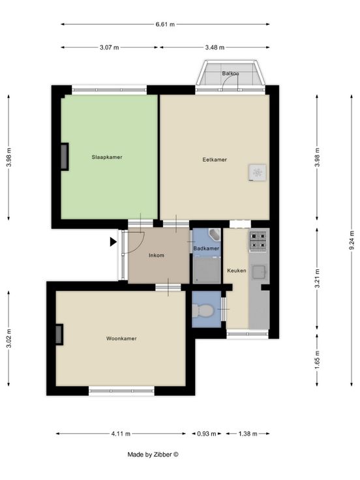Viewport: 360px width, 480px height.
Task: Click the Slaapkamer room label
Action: tap(107, 157)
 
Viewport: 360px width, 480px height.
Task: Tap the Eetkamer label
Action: tap(215, 160)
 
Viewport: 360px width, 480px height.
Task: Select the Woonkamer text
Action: tap(121, 338)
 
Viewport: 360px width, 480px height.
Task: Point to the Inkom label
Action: tap(157, 255)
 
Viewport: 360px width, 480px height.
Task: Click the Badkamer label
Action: tap(206, 248)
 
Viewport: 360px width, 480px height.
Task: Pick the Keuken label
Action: tap(237, 271)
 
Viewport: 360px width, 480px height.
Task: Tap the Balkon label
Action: tap(230, 74)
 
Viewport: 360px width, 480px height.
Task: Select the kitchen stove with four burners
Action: tap(258, 241)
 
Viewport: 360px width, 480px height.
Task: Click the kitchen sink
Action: tap(259, 272)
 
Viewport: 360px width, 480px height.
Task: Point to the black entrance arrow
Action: tap(113, 242)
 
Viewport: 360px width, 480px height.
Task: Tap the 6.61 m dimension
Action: tap(165, 24)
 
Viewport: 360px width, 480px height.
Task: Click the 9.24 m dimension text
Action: tap(352, 240)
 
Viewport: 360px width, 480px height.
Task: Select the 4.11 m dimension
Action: tap(121, 434)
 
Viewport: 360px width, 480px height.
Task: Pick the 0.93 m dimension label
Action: tap(207, 434)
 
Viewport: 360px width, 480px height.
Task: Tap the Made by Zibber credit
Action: tap(153, 455)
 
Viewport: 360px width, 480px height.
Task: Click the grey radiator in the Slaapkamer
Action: tap(65, 157)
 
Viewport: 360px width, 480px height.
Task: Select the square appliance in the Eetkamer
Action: tap(258, 173)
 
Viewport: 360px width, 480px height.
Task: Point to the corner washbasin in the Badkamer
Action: tap(215, 234)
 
